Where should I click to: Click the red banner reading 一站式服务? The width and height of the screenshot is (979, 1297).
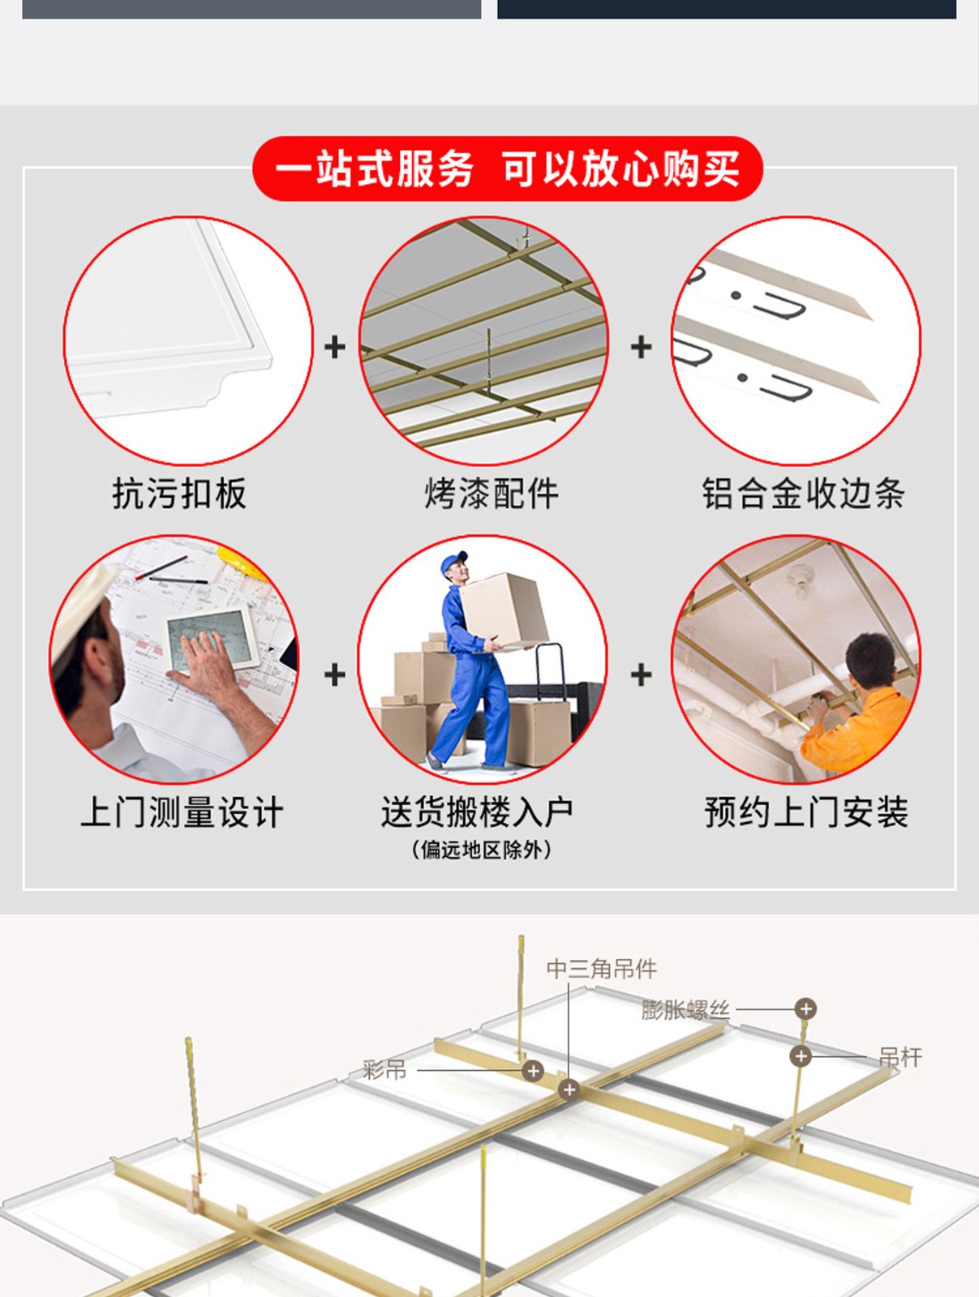(507, 169)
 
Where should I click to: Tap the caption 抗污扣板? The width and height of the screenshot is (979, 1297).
(179, 494)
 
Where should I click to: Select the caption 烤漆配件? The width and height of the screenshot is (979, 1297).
(491, 494)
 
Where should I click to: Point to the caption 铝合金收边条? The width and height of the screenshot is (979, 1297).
(804, 494)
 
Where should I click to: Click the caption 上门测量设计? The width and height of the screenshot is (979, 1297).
(182, 812)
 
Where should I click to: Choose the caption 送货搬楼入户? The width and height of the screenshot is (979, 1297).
(476, 812)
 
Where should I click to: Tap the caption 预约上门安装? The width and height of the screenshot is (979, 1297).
(805, 812)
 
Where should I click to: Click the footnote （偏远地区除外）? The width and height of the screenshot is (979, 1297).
(481, 850)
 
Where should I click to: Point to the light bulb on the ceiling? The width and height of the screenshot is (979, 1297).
(801, 581)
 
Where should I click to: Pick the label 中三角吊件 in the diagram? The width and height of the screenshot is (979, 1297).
(601, 969)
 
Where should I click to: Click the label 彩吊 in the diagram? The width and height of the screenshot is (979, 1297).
(384, 1069)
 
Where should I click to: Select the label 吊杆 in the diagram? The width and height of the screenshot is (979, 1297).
(900, 1057)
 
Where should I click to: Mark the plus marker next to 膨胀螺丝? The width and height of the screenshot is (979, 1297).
(805, 1008)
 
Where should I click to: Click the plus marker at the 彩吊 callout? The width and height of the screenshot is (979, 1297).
(533, 1070)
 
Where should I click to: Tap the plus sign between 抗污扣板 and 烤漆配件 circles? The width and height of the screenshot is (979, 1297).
(335, 347)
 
